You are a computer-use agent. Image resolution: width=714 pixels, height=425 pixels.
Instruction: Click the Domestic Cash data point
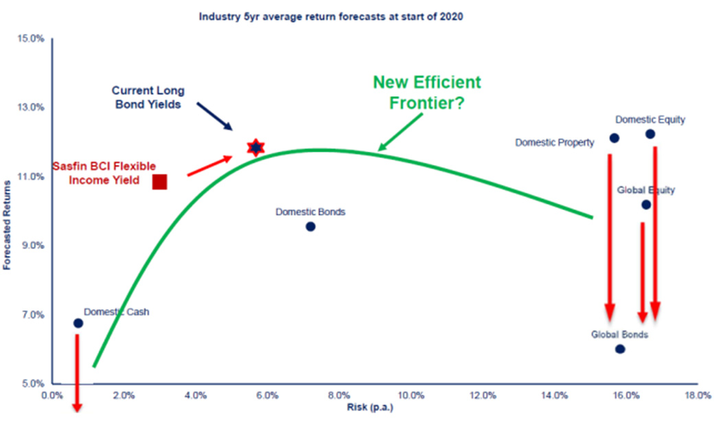click(x=78, y=323)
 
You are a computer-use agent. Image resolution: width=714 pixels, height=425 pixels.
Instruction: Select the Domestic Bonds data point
click(x=310, y=227)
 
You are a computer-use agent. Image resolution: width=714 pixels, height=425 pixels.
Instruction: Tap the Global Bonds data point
click(x=620, y=349)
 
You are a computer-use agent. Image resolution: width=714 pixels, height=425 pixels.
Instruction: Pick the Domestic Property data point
click(x=614, y=137)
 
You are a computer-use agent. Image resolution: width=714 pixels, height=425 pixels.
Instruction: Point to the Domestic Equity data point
click(x=650, y=134)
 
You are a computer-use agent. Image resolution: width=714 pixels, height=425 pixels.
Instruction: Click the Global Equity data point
click(x=646, y=205)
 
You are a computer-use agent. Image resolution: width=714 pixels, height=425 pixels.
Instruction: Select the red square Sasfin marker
click(x=159, y=182)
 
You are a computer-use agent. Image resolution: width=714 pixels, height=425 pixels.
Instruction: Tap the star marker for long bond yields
click(x=256, y=147)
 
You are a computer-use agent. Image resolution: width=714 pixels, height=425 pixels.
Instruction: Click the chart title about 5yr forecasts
click(x=331, y=17)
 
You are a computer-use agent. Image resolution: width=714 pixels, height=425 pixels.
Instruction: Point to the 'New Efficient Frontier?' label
click(x=427, y=93)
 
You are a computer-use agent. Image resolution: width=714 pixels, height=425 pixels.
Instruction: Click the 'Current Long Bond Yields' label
click(x=148, y=97)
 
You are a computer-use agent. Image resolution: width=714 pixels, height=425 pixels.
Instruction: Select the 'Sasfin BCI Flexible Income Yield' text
click(x=104, y=173)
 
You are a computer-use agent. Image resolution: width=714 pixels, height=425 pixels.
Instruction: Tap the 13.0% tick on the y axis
click(x=31, y=108)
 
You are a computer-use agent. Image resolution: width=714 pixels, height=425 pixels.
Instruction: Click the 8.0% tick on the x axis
click(x=339, y=395)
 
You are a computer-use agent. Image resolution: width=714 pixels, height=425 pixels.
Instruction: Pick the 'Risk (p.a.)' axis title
click(x=370, y=406)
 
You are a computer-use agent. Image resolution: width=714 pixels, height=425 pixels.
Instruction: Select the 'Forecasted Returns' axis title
click(x=7, y=225)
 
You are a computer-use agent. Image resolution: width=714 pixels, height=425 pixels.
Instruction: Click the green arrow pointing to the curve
click(x=401, y=132)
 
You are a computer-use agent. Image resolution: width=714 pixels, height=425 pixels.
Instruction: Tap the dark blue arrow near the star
click(x=214, y=117)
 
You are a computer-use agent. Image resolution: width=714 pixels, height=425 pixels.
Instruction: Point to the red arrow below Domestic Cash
click(x=78, y=373)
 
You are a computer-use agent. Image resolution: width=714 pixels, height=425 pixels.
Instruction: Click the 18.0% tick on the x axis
click(x=698, y=395)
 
